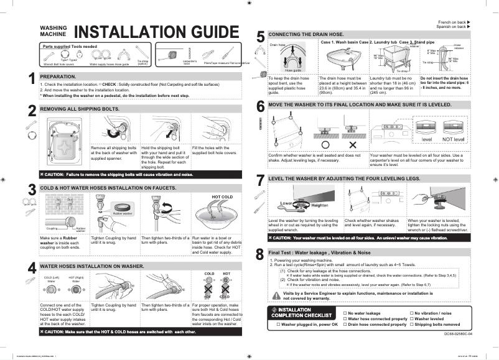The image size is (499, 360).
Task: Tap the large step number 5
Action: point(260,37)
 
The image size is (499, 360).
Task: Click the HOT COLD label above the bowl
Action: point(222,196)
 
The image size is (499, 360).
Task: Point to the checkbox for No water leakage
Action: point(345,313)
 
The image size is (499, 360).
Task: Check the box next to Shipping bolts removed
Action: point(411,325)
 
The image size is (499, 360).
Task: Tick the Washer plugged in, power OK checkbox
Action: point(277,325)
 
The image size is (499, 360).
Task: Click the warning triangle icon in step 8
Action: point(277,295)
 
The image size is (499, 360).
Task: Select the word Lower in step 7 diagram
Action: point(287,203)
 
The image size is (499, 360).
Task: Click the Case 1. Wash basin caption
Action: point(343,42)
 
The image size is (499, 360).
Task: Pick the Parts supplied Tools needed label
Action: point(69,47)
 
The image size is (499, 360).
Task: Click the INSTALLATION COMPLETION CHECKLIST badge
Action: point(299,312)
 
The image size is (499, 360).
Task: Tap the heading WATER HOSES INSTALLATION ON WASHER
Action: point(87,265)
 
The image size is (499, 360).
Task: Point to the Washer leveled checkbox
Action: point(411,319)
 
